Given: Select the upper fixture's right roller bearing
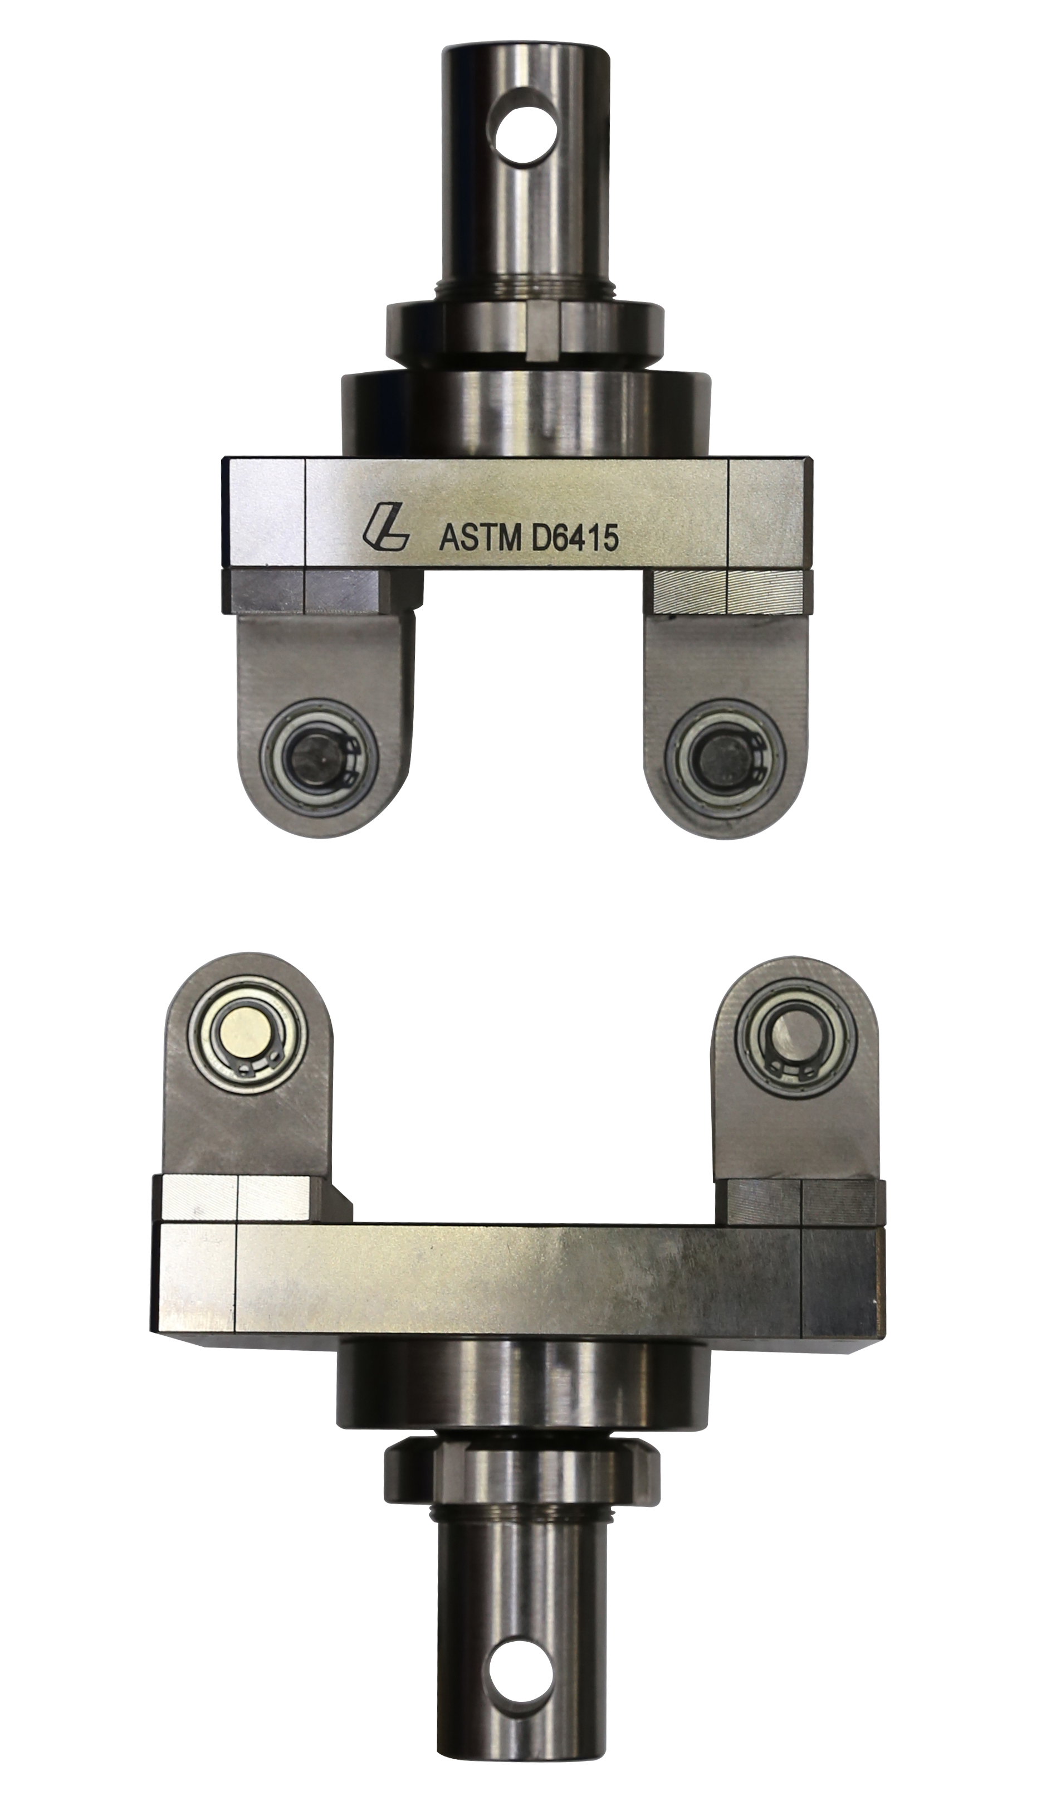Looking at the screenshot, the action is click(x=726, y=758).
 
